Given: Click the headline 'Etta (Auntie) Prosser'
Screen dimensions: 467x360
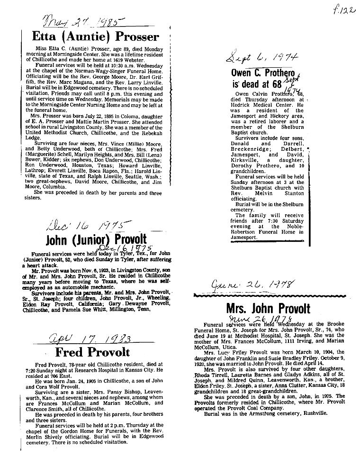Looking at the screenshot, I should coord(95,37).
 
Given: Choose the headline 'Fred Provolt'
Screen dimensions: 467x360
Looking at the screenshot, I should coord(92,352).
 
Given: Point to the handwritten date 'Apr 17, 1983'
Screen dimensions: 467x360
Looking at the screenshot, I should coord(87,338).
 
